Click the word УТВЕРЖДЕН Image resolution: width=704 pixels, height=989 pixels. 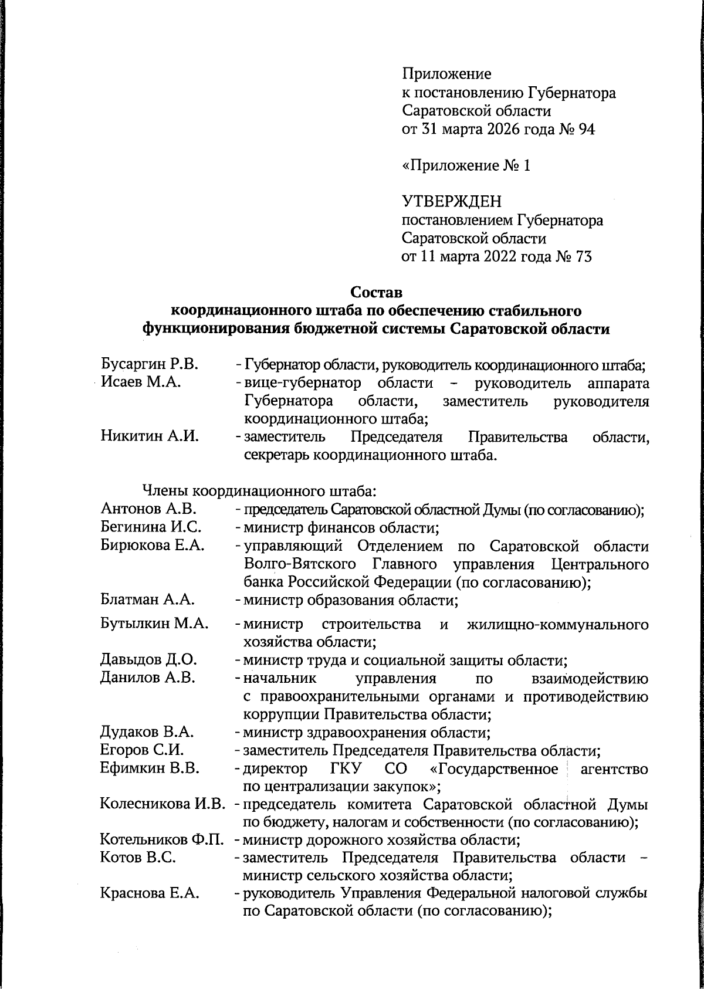click(452, 202)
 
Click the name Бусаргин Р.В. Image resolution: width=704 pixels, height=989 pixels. click(150, 364)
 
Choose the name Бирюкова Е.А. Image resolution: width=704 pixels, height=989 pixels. click(153, 546)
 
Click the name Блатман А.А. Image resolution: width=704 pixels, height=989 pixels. click(147, 600)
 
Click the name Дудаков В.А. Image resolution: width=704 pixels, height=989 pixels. click(147, 732)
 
